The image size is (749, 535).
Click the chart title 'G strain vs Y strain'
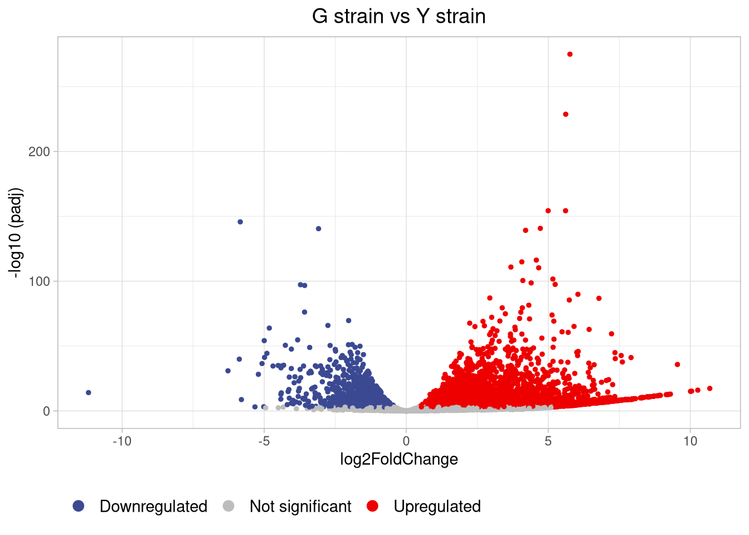tap(398, 16)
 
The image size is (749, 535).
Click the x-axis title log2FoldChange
tap(399, 459)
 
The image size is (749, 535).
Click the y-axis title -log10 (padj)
tap(16, 232)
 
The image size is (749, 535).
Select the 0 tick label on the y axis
tap(46, 411)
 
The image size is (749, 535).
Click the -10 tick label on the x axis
tap(122, 441)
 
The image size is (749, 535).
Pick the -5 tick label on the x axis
tap(264, 441)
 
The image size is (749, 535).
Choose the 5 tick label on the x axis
tap(548, 441)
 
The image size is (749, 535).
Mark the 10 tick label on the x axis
tap(690, 441)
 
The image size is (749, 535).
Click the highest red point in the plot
tap(570, 54)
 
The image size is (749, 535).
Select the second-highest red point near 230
tap(566, 114)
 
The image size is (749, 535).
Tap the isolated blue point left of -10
tap(89, 393)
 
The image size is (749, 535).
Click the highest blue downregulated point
tap(240, 222)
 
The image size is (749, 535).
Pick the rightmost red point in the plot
tap(709, 388)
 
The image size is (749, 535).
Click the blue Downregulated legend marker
tap(79, 506)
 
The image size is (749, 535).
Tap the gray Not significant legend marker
tap(228, 506)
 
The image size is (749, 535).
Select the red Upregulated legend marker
tap(372, 506)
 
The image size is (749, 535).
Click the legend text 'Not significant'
tap(300, 506)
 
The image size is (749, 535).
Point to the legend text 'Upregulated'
tap(437, 506)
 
